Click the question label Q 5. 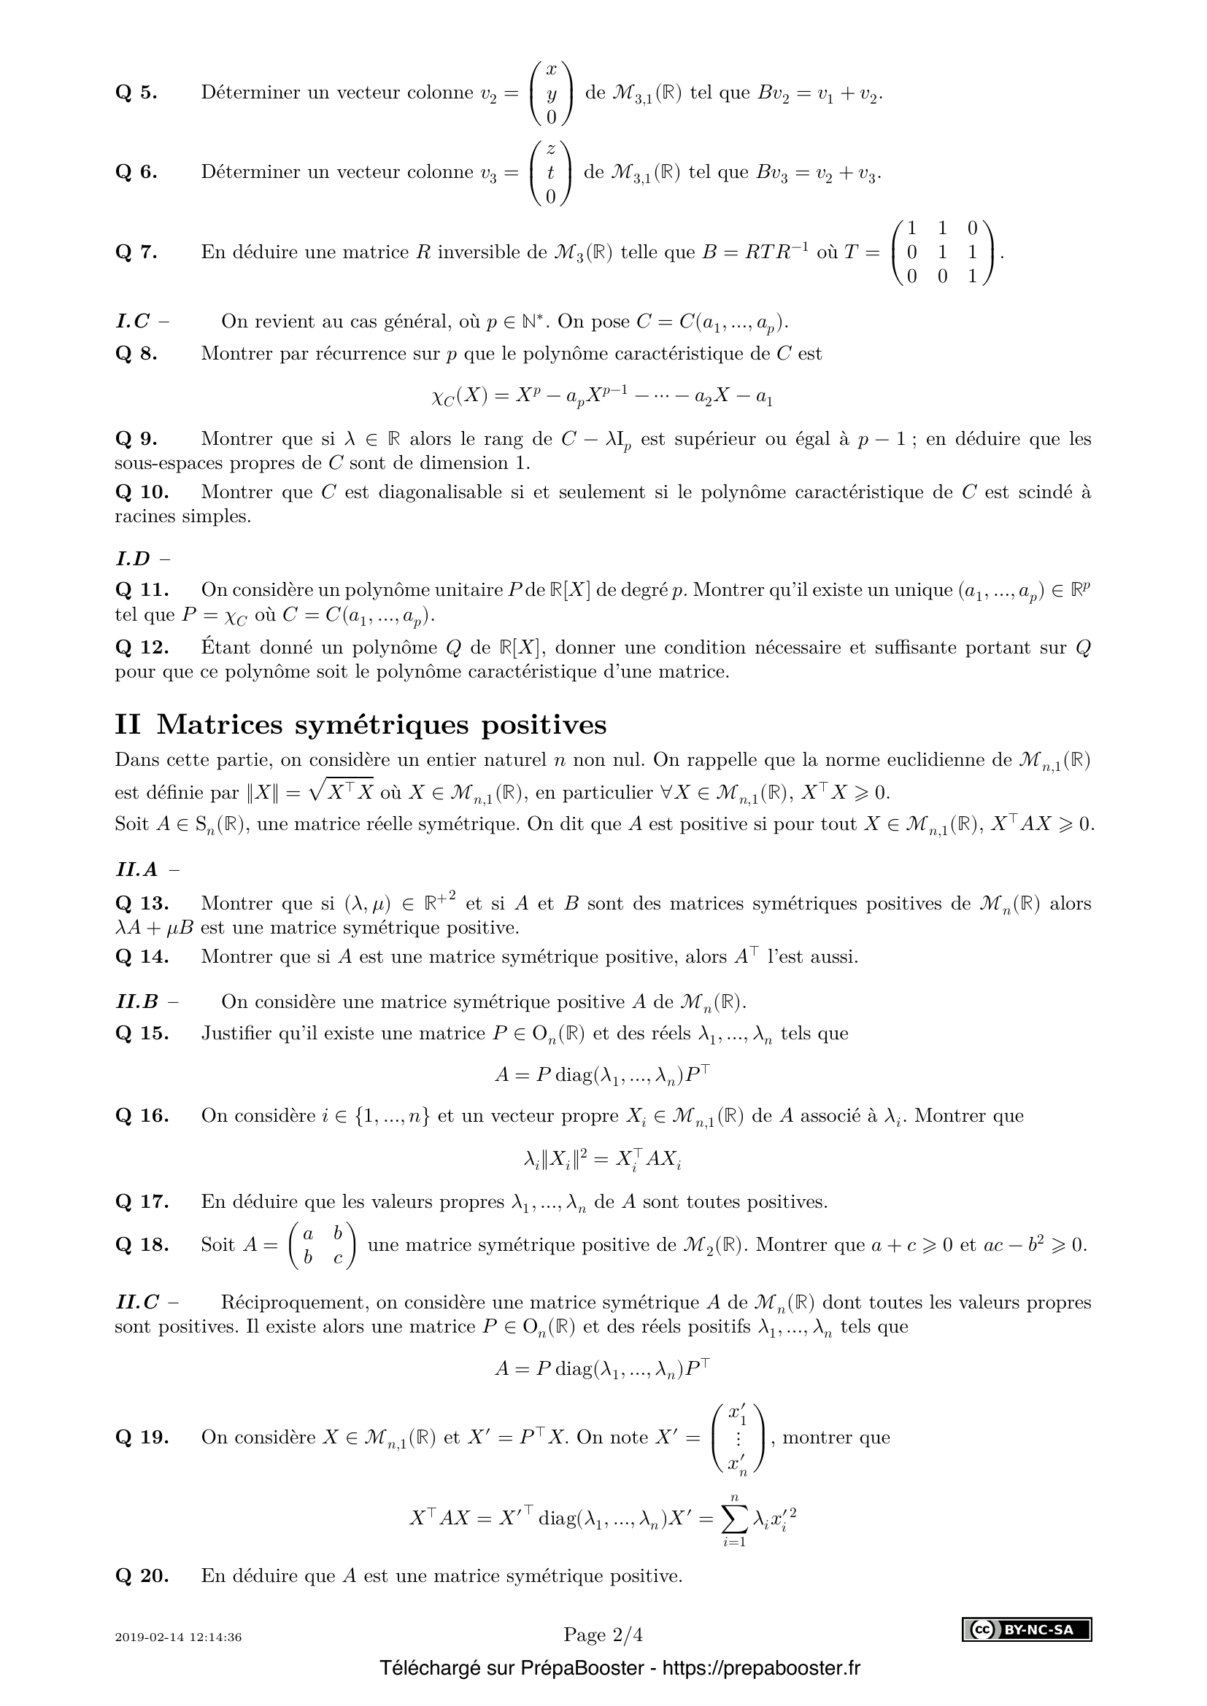(x=136, y=93)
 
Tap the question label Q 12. (x=142, y=647)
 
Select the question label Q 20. (x=142, y=1575)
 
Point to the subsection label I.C (x=133, y=321)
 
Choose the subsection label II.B (x=137, y=1001)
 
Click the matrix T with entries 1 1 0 (x=941, y=252)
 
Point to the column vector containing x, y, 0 (x=551, y=93)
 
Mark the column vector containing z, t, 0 (x=550, y=172)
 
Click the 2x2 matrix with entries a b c (x=322, y=1244)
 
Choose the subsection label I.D (x=134, y=558)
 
